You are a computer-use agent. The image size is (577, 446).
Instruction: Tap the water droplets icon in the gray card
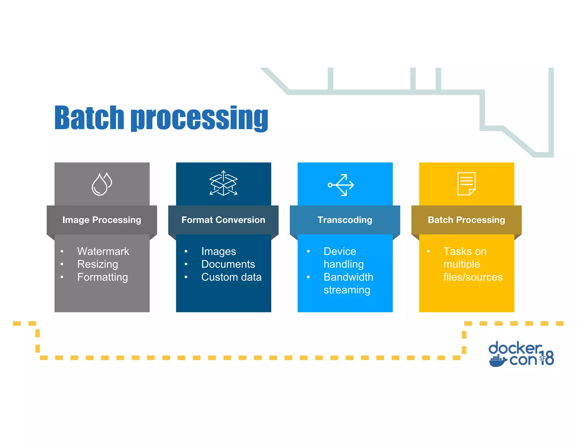click(x=102, y=184)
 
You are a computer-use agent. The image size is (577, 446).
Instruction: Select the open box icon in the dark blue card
click(x=223, y=183)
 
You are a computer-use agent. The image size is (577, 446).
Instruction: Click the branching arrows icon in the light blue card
click(x=341, y=185)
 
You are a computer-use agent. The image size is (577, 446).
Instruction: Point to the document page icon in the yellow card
click(x=466, y=184)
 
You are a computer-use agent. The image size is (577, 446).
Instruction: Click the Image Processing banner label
click(x=102, y=220)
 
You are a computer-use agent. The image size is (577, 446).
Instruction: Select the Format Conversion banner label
click(x=223, y=220)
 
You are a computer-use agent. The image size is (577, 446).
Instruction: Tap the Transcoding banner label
click(x=345, y=220)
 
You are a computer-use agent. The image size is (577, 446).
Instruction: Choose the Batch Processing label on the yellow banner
click(x=466, y=220)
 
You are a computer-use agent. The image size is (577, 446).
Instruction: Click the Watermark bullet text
click(x=103, y=251)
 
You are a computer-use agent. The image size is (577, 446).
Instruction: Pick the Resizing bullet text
click(x=97, y=264)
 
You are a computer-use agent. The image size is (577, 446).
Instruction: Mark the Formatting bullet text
click(x=103, y=277)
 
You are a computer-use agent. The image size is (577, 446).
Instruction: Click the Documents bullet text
click(x=228, y=264)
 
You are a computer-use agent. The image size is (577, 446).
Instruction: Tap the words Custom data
click(x=231, y=277)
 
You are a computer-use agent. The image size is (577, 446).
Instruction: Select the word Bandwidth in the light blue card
click(x=348, y=277)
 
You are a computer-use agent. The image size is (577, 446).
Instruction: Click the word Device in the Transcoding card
click(x=340, y=251)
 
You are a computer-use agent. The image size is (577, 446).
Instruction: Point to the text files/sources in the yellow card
click(x=473, y=277)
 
